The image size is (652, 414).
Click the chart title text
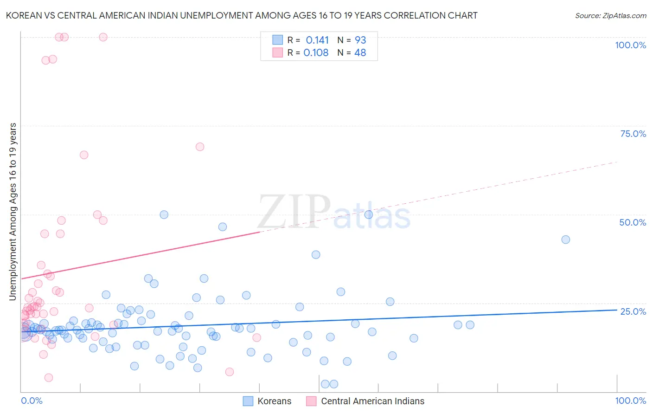[242, 15]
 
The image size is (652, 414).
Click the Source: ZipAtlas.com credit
[610, 15]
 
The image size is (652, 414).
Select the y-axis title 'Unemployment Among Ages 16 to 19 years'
[13, 212]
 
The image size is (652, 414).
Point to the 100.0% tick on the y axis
[630, 45]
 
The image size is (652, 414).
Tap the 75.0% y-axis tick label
[633, 134]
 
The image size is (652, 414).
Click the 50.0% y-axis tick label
[633, 222]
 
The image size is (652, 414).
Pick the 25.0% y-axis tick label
[633, 311]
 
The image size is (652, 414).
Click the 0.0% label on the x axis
[32, 401]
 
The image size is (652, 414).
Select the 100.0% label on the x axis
[630, 401]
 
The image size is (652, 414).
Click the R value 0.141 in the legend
[317, 40]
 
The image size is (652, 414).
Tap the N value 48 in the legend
[360, 53]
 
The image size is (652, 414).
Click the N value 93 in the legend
[360, 40]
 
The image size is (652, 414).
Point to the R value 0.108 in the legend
[316, 53]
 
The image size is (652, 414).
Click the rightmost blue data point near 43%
[565, 239]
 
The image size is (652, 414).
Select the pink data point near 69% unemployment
[200, 147]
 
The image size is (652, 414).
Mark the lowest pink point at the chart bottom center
[229, 372]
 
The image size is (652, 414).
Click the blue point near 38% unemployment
[316, 254]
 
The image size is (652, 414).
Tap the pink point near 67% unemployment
[84, 155]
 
